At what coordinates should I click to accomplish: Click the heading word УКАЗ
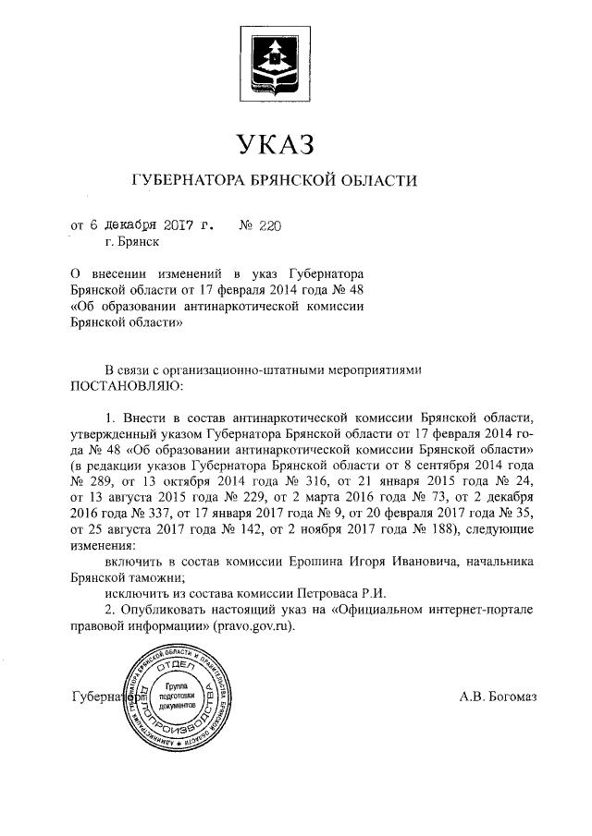(277, 145)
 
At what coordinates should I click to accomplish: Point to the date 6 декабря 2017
(139, 224)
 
